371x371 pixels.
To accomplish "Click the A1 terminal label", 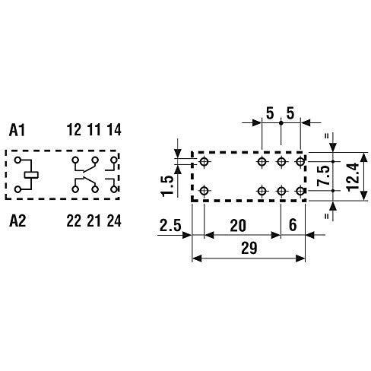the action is (17, 130).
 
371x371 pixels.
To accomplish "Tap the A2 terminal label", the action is (17, 220).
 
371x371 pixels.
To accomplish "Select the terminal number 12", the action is (74, 129).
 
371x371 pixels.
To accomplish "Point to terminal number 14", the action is (114, 129).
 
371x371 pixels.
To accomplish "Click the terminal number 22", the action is (74, 220).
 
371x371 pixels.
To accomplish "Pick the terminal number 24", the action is (114, 220).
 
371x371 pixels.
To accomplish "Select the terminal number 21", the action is (94, 220).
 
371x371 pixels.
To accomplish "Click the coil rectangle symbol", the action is (31, 175).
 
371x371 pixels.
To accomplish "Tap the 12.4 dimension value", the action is (353, 177).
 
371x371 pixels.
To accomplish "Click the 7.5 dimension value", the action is (324, 176).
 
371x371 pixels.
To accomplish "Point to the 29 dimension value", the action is (249, 248).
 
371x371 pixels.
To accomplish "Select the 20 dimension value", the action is (238, 226).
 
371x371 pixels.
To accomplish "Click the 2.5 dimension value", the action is (170, 225).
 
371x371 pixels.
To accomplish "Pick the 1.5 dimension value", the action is (167, 186).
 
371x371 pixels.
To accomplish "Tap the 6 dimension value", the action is (293, 225).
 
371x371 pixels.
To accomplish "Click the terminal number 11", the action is (94, 129).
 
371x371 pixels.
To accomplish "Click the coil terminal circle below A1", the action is (17, 160).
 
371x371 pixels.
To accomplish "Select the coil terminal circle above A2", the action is (17, 189).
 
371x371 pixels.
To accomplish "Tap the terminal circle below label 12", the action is (75, 160).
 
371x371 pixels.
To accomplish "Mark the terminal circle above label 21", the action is (95, 189).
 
